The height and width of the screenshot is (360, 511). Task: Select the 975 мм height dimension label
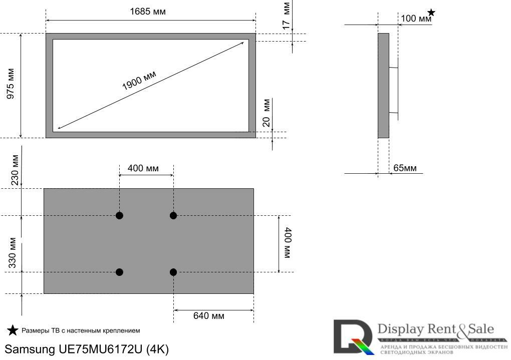point(11,85)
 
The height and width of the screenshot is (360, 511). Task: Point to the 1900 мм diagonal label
point(139,80)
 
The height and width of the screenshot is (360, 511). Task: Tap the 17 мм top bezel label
point(286,16)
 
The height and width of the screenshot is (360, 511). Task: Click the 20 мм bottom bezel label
point(267,113)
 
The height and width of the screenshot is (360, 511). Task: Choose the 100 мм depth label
point(415,19)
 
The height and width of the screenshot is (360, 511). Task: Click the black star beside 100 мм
point(431,13)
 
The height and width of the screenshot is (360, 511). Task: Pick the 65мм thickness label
point(404,168)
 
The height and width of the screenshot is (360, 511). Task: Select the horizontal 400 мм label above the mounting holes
point(143,168)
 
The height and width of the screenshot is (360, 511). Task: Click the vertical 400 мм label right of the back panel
point(287,243)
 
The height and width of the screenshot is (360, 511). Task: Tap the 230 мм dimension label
point(15,170)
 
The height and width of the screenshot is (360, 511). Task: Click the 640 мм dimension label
point(209,316)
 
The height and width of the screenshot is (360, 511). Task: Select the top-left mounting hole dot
point(119,216)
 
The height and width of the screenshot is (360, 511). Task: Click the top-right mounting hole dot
point(173,216)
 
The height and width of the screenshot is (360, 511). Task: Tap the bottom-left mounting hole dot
point(119,272)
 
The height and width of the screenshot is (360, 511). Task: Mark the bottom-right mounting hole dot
point(173,272)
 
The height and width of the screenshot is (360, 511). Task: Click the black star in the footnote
point(13,330)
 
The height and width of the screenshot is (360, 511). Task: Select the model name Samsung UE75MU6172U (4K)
point(87,349)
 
